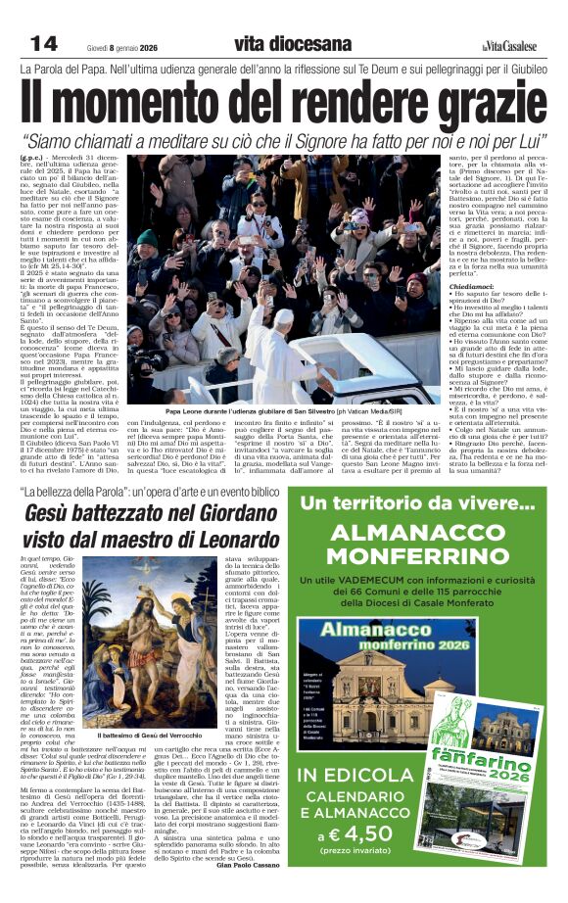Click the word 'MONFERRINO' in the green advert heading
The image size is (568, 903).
point(420,560)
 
